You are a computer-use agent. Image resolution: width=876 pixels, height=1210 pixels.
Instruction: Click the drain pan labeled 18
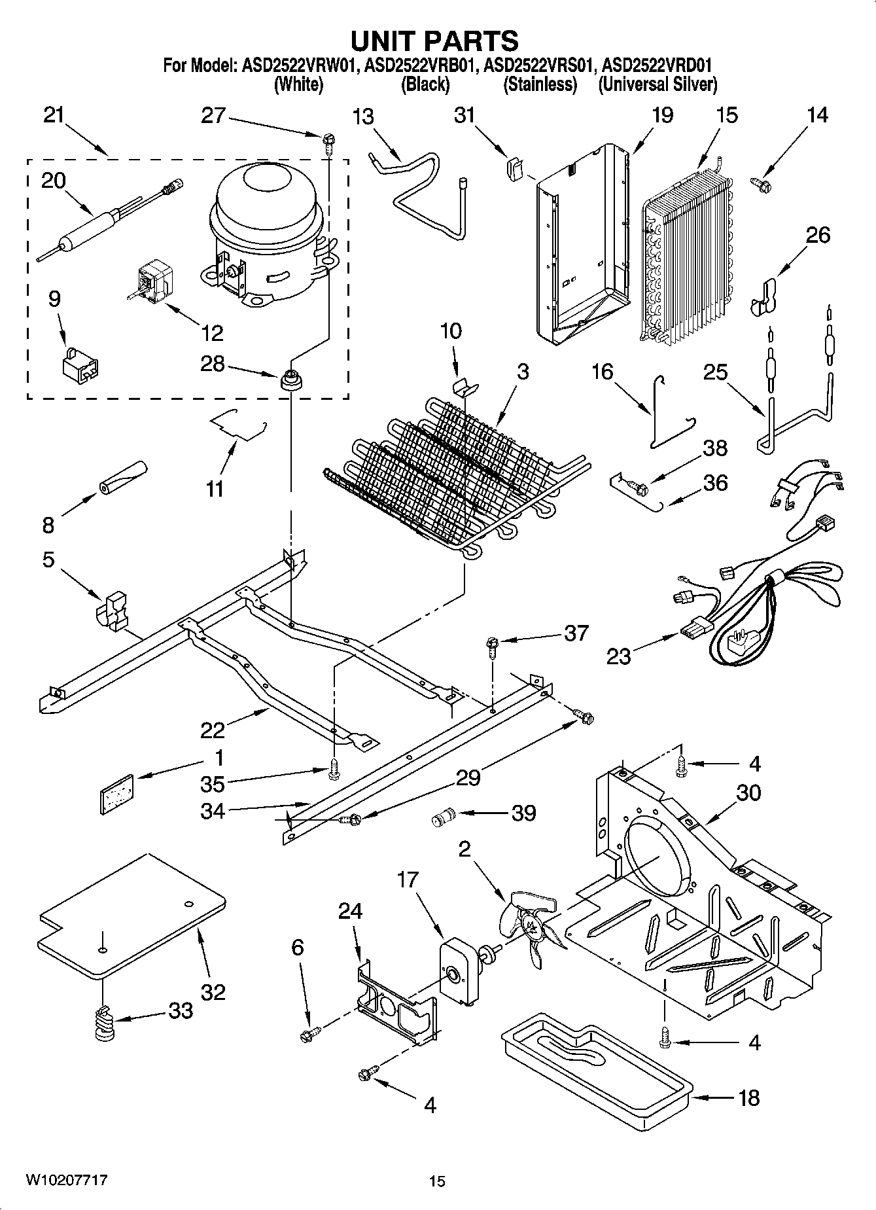pyautogui.click(x=595, y=1073)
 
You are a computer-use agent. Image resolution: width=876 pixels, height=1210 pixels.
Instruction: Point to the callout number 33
pyautogui.click(x=180, y=1011)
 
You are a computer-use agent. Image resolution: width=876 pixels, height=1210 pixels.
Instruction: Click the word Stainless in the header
pyautogui.click(x=540, y=84)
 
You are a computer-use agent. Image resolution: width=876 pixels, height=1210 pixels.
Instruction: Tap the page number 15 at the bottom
pyautogui.click(x=437, y=1181)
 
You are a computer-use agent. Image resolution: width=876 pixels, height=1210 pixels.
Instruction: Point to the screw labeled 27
pyautogui.click(x=328, y=139)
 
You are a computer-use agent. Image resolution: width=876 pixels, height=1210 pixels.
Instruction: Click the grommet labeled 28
pyautogui.click(x=290, y=379)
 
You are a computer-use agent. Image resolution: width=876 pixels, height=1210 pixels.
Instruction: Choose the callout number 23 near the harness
pyautogui.click(x=618, y=655)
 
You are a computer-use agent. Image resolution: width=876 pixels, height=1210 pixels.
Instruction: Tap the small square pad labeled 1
pyautogui.click(x=116, y=794)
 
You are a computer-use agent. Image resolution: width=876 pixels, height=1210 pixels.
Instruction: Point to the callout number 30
pyautogui.click(x=748, y=792)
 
